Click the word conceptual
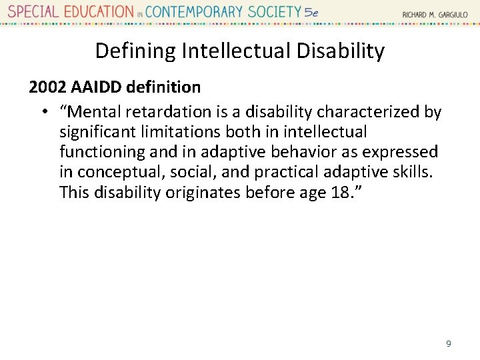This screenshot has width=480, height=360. tap(121, 172)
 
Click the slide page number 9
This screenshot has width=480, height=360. tap(449, 343)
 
